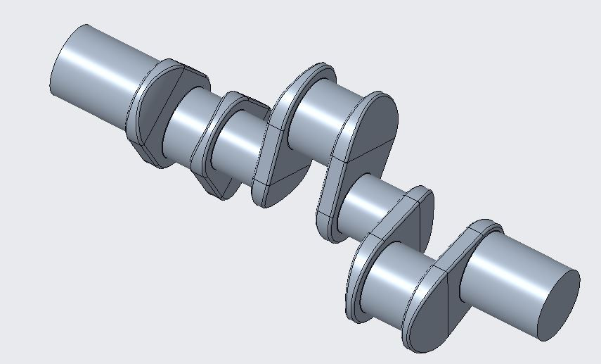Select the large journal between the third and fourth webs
coord(316,116)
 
